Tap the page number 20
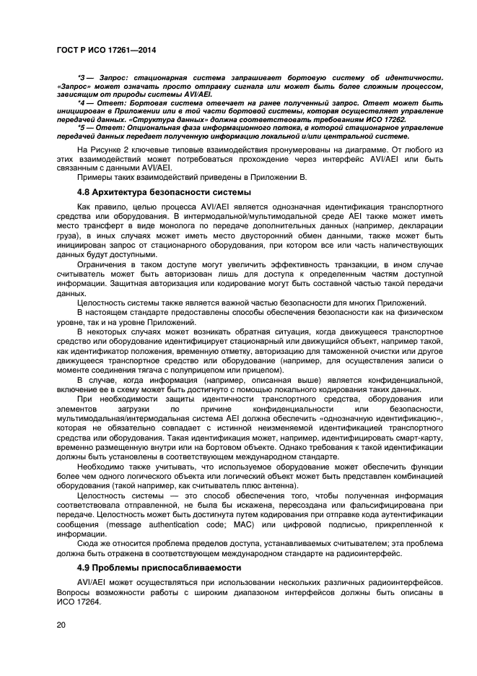coord(60,625)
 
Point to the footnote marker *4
coord(82,102)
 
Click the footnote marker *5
coord(82,127)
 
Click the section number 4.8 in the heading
coord(84,192)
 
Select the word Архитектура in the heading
coord(123,192)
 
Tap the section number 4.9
coord(84,567)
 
